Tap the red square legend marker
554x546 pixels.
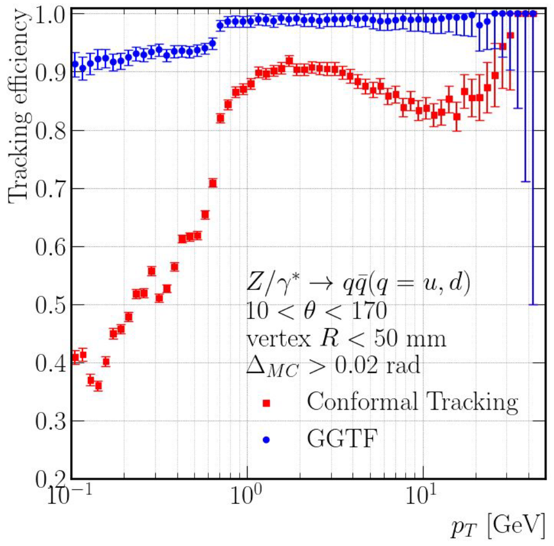266,403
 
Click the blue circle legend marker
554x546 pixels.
266,439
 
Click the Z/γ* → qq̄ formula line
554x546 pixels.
358,284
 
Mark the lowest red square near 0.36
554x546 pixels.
98,386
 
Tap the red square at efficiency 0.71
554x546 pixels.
213,183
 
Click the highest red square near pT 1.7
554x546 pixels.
289,61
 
